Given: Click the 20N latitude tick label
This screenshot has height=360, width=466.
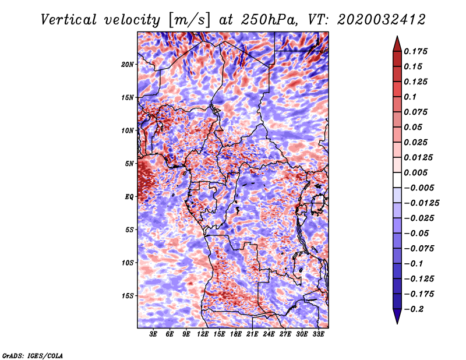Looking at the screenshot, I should click(x=128, y=64).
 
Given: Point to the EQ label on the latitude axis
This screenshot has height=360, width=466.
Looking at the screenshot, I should click(x=130, y=197).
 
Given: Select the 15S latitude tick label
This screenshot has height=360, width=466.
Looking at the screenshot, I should click(x=128, y=296).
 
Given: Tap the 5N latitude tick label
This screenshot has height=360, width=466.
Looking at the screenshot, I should click(x=129, y=164).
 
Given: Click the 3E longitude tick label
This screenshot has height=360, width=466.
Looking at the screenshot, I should click(x=154, y=334).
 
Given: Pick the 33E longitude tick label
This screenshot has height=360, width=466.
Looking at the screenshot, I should click(x=319, y=334).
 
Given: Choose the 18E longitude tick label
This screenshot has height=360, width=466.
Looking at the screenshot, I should click(x=236, y=334).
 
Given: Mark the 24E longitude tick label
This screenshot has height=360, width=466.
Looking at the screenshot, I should click(x=269, y=334).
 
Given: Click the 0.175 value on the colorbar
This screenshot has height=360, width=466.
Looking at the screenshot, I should click(x=418, y=51).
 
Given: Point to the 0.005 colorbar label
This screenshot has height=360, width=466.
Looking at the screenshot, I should click(x=418, y=172).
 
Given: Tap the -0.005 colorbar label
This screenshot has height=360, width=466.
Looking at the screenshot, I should click(x=420, y=188).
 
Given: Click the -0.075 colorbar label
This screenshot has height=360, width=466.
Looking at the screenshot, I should click(x=420, y=248).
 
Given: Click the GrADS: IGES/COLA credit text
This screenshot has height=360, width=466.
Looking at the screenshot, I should click(x=33, y=355).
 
